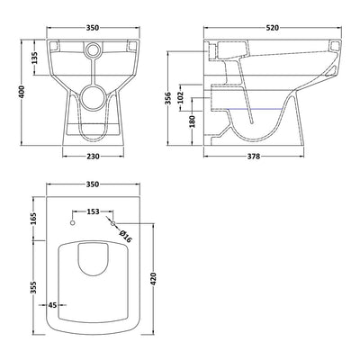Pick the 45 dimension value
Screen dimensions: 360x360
click(x=52, y=305)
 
